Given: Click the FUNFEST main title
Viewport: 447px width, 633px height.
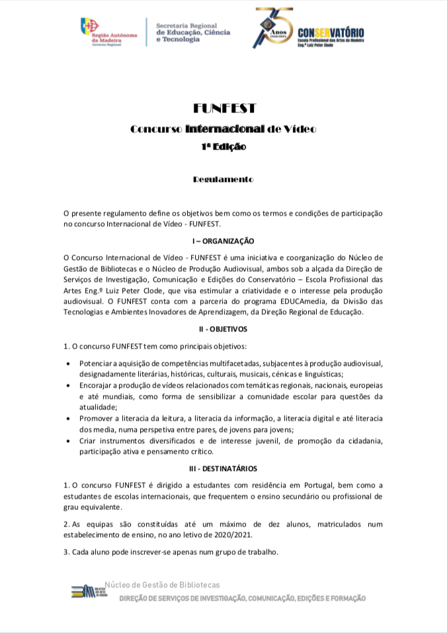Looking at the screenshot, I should [x=223, y=108].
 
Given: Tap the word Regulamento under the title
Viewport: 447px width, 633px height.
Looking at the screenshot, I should [x=223, y=179].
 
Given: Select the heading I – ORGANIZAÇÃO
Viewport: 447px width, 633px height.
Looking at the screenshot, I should [x=223, y=241].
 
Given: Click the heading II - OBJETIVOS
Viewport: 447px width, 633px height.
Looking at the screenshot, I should [x=223, y=329].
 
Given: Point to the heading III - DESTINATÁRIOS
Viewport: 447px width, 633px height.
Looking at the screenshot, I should [x=223, y=469].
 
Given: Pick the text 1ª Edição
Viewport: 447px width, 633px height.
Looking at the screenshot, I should [x=223, y=147].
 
